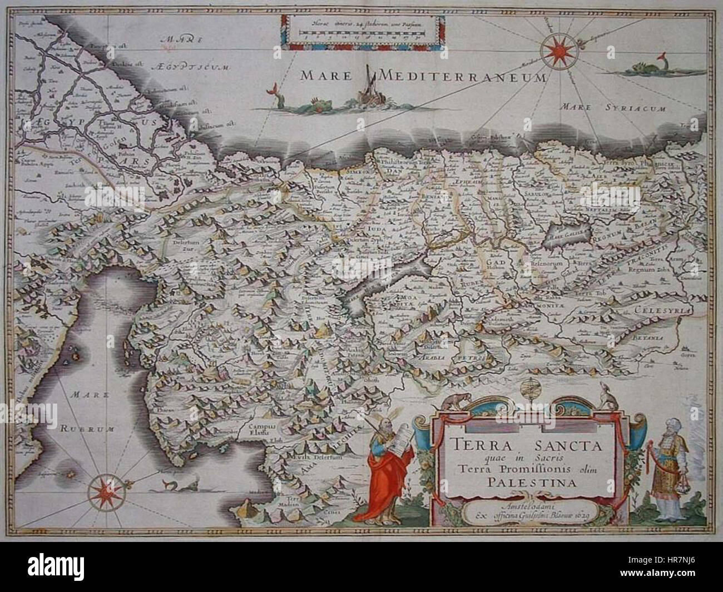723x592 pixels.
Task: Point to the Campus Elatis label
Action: [x=250, y=430]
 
